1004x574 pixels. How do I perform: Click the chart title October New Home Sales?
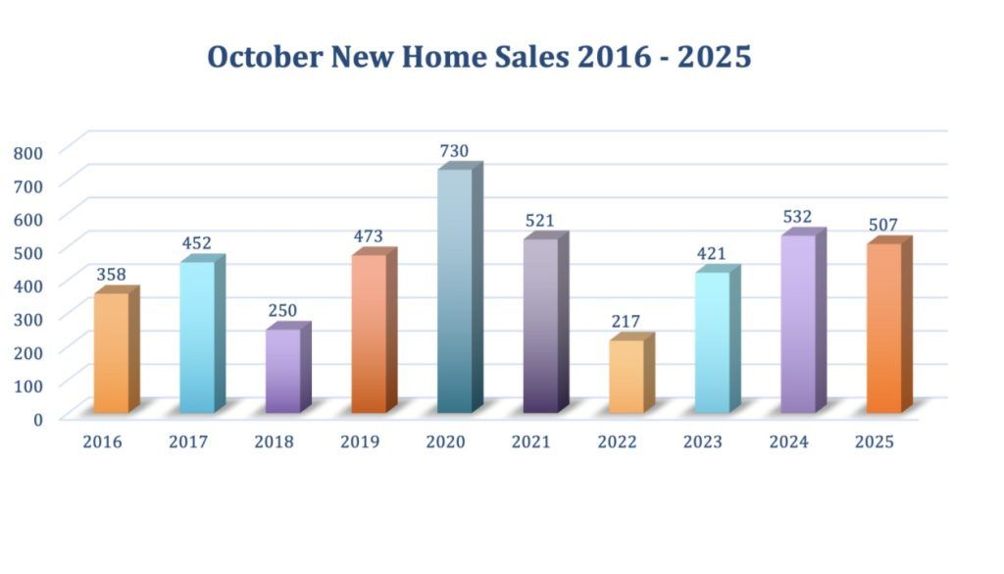click(x=478, y=56)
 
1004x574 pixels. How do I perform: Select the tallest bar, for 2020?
click(x=454, y=289)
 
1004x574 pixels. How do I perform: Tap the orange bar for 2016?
click(x=111, y=352)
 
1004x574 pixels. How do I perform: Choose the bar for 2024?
click(x=797, y=323)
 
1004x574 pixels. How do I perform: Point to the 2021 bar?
click(x=540, y=325)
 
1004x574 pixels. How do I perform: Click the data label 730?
click(x=454, y=151)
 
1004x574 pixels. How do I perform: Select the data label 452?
click(x=196, y=243)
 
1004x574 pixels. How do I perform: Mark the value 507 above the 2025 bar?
click(x=883, y=225)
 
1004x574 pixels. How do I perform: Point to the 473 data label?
click(x=369, y=236)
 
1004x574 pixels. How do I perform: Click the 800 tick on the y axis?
click(x=29, y=152)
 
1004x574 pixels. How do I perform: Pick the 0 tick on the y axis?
click(x=37, y=419)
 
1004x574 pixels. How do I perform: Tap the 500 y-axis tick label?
click(x=29, y=252)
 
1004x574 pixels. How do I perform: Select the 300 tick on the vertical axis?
click(x=29, y=319)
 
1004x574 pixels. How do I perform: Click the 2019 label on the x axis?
click(x=360, y=443)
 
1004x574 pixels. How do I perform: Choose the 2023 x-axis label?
click(x=703, y=443)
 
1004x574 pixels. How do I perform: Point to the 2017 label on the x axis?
click(x=188, y=443)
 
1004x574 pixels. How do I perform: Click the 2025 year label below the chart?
click(x=875, y=443)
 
